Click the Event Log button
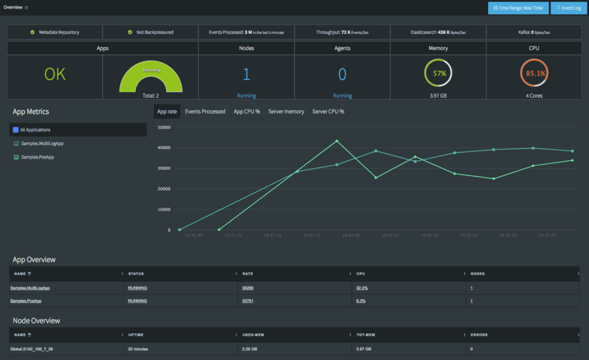tap(568, 8)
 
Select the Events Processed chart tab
tap(205, 112)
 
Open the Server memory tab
tap(286, 112)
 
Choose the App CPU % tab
tap(247, 112)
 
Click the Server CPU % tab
tap(328, 112)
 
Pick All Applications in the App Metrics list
tap(35, 130)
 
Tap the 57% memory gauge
tap(438, 73)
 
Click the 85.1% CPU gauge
tap(534, 73)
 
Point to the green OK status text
tap(55, 75)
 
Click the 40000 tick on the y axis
tap(163, 148)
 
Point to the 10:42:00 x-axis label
tap(351, 235)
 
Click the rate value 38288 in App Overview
tap(248, 288)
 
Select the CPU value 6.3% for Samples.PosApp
tap(361, 301)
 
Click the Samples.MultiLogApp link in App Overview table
tap(30, 288)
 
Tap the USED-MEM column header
tap(253, 335)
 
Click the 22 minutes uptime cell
tap(138, 349)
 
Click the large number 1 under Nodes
tap(247, 74)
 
